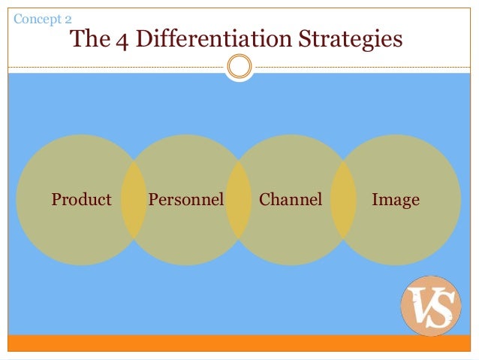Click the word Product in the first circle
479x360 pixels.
point(81,200)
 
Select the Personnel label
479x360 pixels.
point(186,200)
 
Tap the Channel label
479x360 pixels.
point(290,200)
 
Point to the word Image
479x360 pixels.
point(395,200)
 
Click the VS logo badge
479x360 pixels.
point(431,306)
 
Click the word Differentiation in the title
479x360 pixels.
point(212,39)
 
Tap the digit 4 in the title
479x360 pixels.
point(122,39)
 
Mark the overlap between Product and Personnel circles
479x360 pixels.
point(134,200)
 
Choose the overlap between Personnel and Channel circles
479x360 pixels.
point(239,200)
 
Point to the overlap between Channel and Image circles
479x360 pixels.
point(343,200)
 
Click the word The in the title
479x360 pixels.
point(91,39)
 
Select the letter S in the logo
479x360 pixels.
point(441,309)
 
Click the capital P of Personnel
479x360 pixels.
point(153,200)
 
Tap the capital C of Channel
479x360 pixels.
point(264,200)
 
